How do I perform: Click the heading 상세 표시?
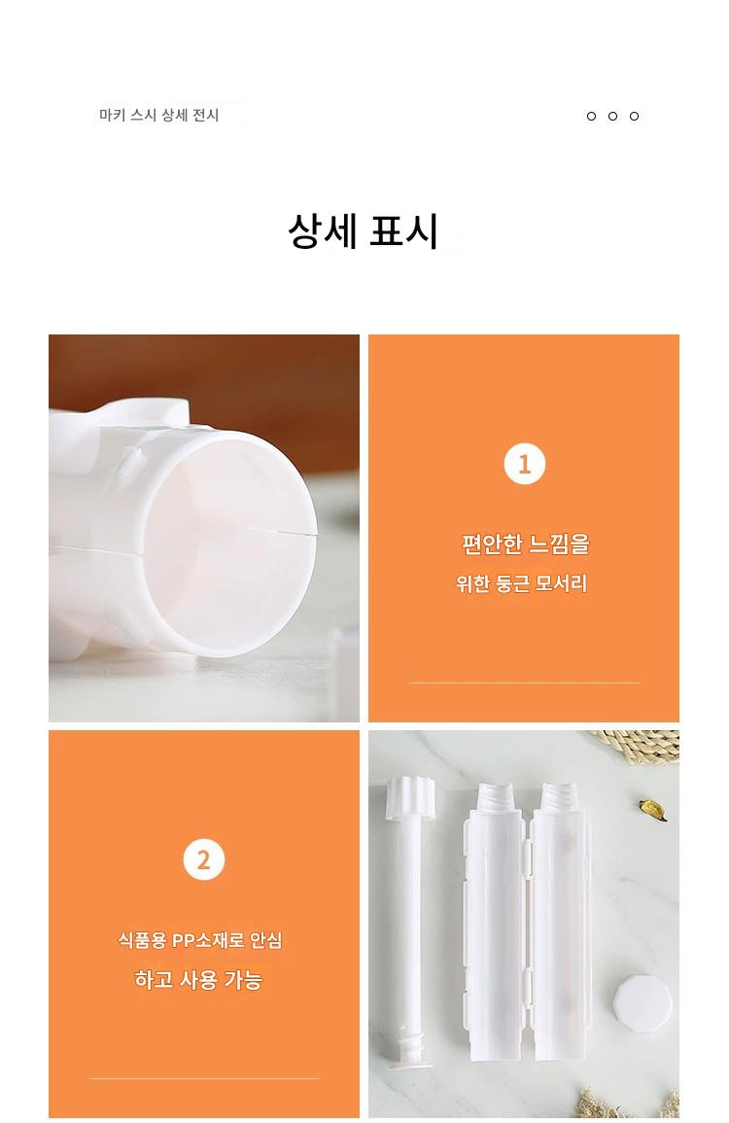364,230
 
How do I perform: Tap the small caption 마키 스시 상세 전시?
159,116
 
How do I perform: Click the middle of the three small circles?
612,116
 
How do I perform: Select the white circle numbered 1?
524,464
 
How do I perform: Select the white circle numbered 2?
204,860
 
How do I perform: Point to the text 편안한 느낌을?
525,544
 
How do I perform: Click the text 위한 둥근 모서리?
522,583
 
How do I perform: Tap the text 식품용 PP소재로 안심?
200,939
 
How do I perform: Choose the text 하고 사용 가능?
198,979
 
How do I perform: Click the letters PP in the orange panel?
184,940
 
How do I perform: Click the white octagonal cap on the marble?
643,1002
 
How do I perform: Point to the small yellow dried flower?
652,809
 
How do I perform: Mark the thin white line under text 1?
524,683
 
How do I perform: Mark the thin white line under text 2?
204,1078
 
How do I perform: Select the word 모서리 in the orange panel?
562,583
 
